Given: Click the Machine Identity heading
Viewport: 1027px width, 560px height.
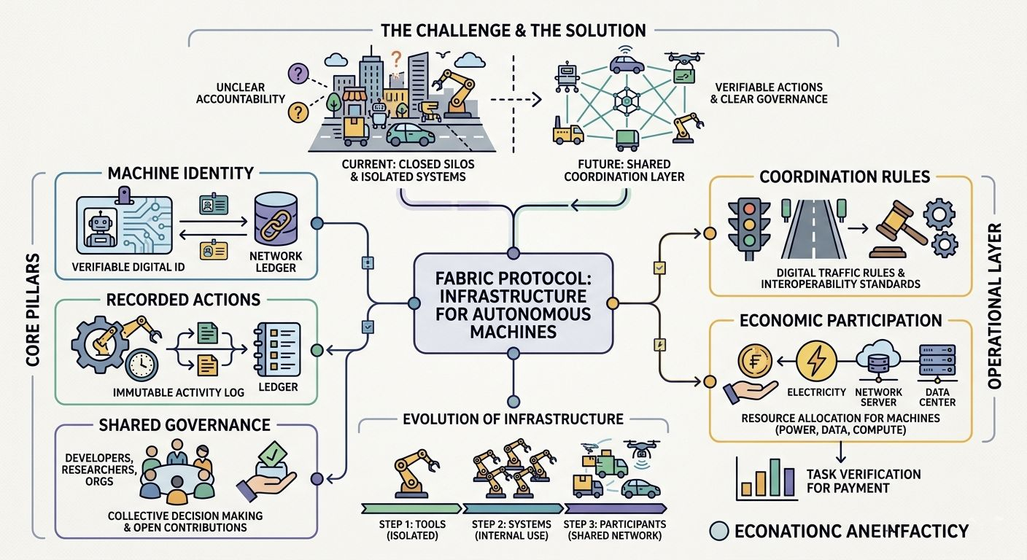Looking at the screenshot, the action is pyautogui.click(x=180, y=174).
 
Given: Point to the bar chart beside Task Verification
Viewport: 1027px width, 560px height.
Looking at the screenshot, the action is pyautogui.click(x=765, y=478).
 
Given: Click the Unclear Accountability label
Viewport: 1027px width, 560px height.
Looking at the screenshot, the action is pyautogui.click(x=240, y=92).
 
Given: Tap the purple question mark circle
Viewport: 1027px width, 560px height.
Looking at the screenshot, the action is pyautogui.click(x=298, y=73).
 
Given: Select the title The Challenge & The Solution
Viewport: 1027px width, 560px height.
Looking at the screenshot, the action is pyautogui.click(x=513, y=30).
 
